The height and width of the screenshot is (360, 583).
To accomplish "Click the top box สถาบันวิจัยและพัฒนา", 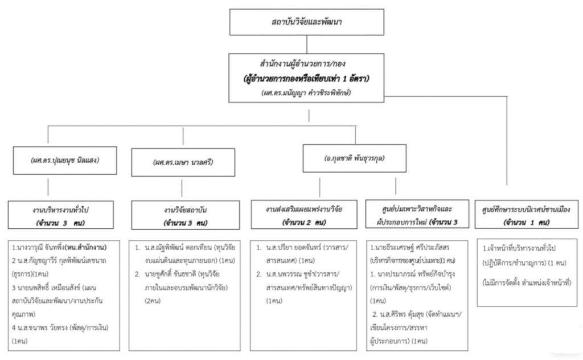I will tap(306, 23).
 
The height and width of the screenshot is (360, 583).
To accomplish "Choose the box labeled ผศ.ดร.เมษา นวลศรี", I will tap(183, 162).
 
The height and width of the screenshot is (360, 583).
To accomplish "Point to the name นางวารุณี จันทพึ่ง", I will tap(40, 249).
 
